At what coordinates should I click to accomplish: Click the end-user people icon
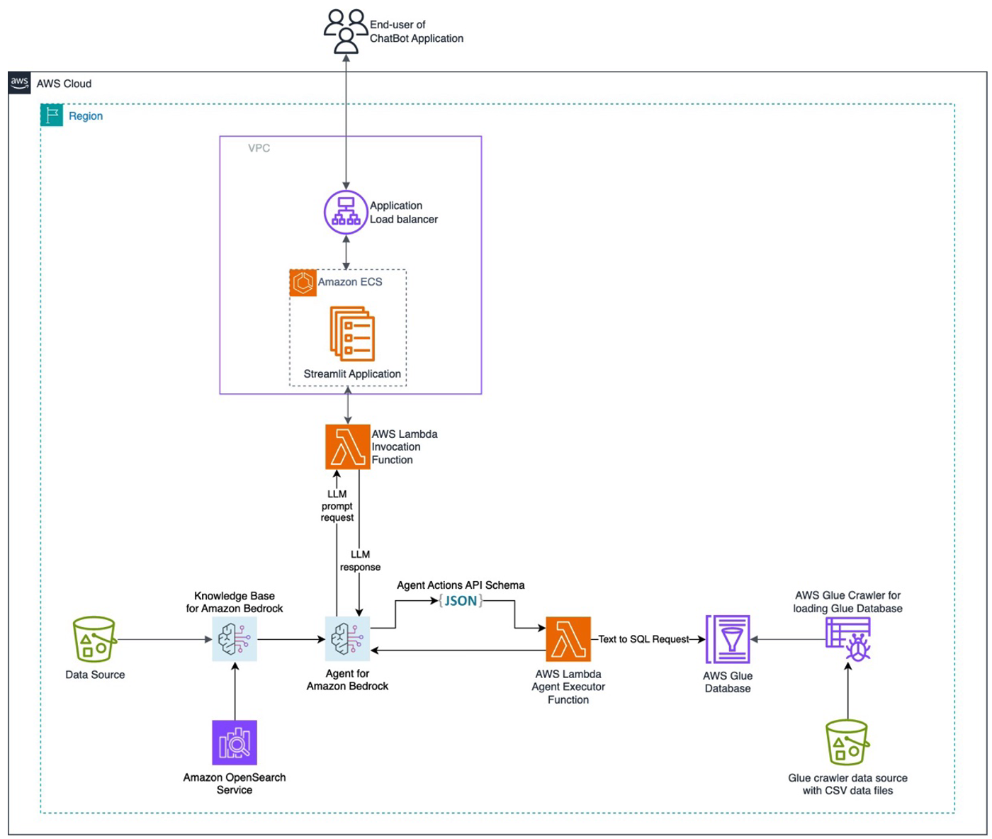tap(345, 31)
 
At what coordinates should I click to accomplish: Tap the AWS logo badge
tap(19, 83)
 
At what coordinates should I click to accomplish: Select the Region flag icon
tap(51, 116)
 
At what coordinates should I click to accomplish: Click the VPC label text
tap(259, 148)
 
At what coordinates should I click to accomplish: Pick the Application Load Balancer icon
tap(346, 212)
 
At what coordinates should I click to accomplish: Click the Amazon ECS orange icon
tap(303, 283)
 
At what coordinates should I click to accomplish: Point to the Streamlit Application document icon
tap(351, 334)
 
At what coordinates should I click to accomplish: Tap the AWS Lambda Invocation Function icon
tap(347, 446)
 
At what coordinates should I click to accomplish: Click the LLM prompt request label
tap(337, 505)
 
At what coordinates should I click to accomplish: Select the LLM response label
tap(360, 561)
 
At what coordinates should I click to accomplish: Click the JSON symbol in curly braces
tap(461, 600)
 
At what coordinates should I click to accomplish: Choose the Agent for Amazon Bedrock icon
tap(347, 639)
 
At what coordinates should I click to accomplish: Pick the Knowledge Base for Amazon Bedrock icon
tap(235, 639)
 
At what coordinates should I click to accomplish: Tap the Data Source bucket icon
tap(94, 639)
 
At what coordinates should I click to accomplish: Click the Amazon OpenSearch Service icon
tap(235, 742)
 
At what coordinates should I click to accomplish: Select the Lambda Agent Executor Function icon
tap(568, 639)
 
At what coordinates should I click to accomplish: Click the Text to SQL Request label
tap(643, 639)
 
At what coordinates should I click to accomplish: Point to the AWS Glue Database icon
tap(728, 639)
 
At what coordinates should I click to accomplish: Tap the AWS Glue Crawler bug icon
tap(847, 639)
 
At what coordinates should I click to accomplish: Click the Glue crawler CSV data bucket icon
tap(847, 742)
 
